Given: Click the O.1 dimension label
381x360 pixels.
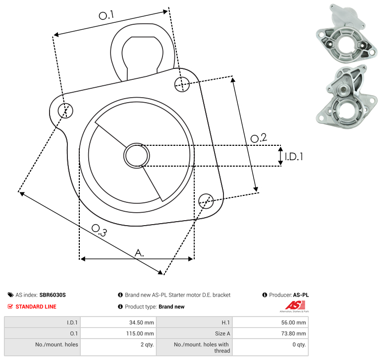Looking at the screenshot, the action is point(106,15).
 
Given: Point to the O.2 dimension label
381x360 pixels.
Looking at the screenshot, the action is point(259,138).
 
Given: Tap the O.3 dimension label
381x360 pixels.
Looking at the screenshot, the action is point(99,230).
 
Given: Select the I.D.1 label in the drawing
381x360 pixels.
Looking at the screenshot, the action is point(294,157).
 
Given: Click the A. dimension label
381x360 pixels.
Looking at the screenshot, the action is point(139,253).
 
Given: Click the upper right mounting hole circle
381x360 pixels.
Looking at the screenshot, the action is point(182,84).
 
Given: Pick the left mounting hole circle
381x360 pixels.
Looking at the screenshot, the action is point(65,111).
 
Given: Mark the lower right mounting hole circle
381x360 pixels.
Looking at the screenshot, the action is point(206,201).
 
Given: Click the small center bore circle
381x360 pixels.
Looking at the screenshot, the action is point(137,156).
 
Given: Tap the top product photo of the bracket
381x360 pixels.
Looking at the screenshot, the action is point(346,34).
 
